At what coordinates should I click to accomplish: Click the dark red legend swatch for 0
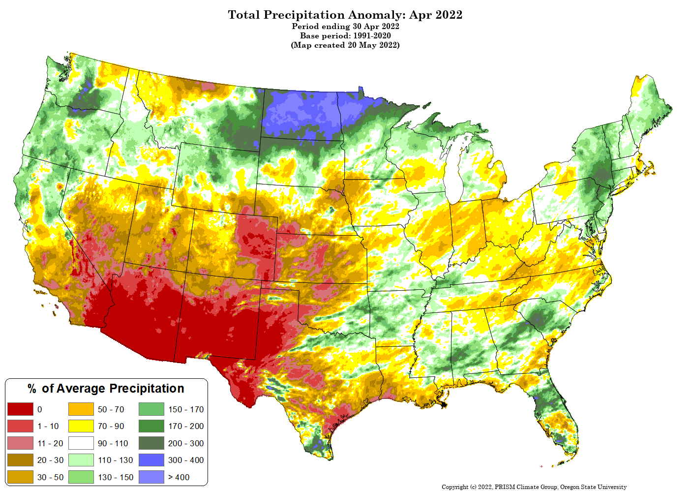[20, 409]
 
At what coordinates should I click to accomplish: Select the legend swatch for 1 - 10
[20, 426]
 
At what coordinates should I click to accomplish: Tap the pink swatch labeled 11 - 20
[20, 443]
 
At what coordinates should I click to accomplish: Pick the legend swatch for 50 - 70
[81, 409]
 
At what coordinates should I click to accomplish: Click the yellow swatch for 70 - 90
[81, 426]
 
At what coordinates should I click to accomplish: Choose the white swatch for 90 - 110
[81, 443]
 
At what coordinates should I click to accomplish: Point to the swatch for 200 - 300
[151, 443]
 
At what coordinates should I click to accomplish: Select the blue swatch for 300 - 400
[151, 460]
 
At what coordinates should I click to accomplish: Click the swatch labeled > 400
[151, 477]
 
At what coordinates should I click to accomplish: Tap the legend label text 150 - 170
[186, 409]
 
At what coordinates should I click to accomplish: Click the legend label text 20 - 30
[50, 460]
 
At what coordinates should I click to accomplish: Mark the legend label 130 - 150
[116, 477]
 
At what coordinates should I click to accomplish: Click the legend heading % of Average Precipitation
[106, 389]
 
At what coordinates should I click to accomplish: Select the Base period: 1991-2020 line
[345, 35]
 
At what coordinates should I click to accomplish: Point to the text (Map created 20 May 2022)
[345, 45]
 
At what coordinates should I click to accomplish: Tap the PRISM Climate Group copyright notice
[534, 487]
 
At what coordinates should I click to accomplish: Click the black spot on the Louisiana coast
[444, 404]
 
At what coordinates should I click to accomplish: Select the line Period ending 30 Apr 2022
[345, 26]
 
